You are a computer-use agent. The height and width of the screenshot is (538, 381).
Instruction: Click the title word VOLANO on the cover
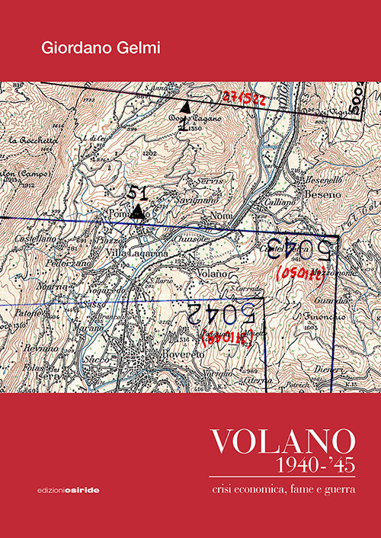(283, 441)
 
